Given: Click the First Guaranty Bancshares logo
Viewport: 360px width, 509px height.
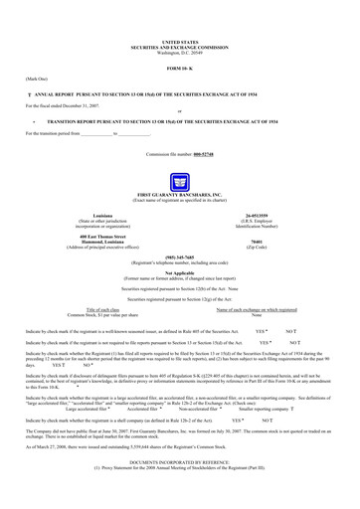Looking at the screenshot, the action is tap(179, 182).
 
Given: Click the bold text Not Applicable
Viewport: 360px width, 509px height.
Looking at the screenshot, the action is tap(179, 270).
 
